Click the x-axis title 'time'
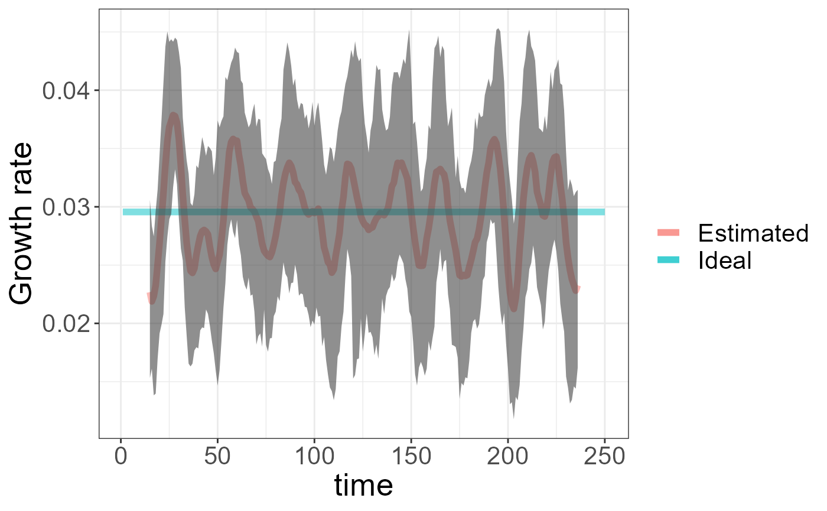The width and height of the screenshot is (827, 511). (363, 486)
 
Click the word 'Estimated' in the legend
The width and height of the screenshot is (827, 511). (753, 234)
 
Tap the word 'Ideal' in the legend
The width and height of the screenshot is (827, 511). (725, 261)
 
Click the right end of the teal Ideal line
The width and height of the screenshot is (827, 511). (603, 212)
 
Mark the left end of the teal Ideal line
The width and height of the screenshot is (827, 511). (124, 212)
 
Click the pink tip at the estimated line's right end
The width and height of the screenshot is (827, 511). (578, 288)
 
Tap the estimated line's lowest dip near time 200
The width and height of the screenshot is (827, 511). (513, 308)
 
